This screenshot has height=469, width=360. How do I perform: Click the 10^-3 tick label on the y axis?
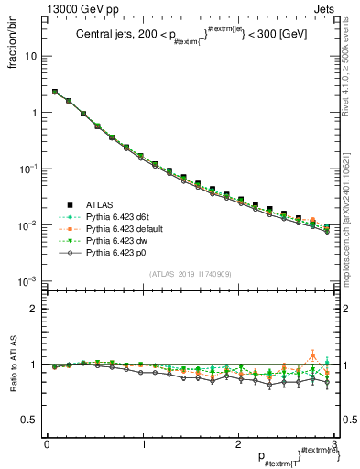[27, 281]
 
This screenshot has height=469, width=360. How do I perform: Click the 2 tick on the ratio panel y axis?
[34, 309]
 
